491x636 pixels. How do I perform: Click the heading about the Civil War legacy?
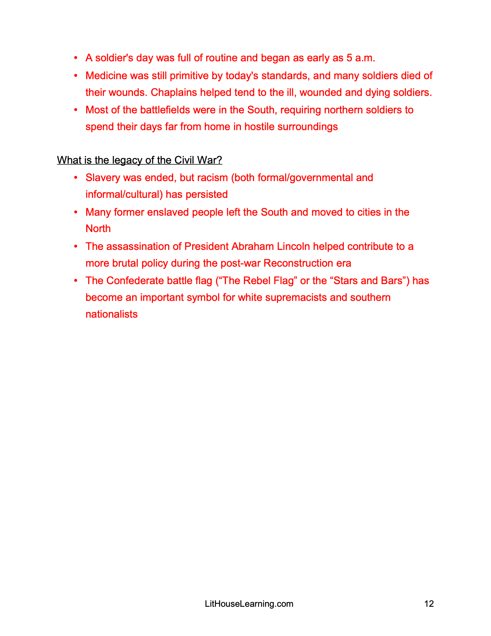[139, 160]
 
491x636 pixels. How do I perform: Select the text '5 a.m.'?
[361, 58]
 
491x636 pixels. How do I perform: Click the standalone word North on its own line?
[98, 229]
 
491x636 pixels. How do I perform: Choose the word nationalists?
[112, 314]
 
